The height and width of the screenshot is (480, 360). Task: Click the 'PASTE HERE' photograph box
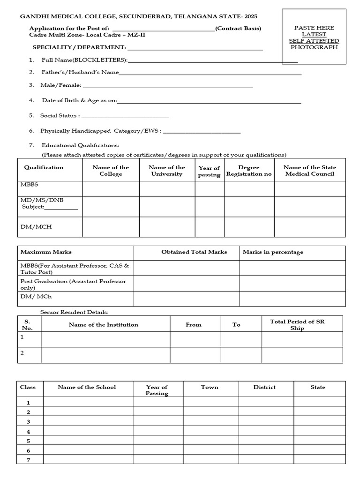point(314,37)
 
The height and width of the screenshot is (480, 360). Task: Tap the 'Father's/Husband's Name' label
point(80,72)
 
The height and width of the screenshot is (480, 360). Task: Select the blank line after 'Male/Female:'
point(167,86)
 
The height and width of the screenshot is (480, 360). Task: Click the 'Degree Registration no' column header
point(249,171)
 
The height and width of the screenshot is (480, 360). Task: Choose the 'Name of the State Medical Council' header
point(310,171)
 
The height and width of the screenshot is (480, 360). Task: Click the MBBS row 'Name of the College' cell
point(111,188)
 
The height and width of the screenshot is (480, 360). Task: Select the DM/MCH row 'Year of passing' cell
point(209,227)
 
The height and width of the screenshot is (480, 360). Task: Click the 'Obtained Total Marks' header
point(194,252)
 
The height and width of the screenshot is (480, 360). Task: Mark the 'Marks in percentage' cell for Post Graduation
point(292,283)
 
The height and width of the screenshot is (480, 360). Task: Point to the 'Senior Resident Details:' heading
point(75,312)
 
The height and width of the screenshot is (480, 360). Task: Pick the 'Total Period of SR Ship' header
point(297,324)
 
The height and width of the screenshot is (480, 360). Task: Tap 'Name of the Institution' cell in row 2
point(105,355)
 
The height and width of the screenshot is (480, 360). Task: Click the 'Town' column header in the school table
point(210,388)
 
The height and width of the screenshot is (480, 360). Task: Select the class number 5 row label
point(29,441)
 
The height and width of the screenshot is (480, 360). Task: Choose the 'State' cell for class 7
point(319,460)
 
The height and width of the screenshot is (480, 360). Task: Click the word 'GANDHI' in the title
point(31,16)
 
